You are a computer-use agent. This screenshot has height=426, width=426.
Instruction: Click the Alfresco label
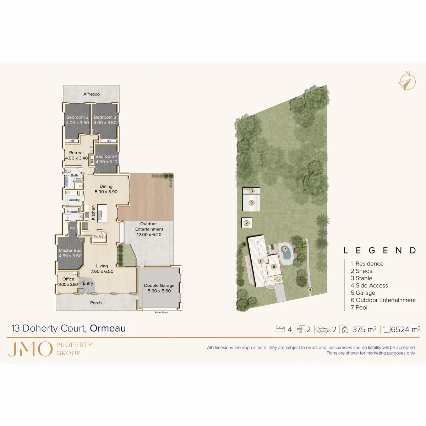91,94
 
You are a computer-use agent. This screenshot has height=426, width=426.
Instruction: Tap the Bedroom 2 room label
77,117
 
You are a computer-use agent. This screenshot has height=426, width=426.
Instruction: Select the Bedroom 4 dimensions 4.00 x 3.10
106,162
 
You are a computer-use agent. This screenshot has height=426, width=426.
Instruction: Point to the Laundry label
73,200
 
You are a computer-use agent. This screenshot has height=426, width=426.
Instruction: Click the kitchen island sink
100,214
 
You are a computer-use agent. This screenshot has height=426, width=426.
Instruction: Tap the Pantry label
98,236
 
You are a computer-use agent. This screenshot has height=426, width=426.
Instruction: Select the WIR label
73,229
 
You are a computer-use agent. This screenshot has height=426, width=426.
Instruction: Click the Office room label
68,279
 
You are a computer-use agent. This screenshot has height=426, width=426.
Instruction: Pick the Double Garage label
159,285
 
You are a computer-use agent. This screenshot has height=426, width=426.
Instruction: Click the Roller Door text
161,312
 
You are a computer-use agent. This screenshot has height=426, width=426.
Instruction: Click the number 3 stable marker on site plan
252,191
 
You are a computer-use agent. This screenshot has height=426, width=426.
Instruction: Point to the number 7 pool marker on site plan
285,249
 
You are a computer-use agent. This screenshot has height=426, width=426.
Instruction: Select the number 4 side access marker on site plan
310,290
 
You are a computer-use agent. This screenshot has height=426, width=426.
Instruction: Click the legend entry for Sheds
361,271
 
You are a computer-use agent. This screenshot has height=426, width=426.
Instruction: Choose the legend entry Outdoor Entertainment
383,300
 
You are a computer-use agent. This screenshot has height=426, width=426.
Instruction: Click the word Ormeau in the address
108,328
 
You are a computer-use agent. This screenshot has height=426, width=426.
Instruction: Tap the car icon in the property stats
322,329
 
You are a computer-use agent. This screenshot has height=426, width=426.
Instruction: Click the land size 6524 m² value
405,329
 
